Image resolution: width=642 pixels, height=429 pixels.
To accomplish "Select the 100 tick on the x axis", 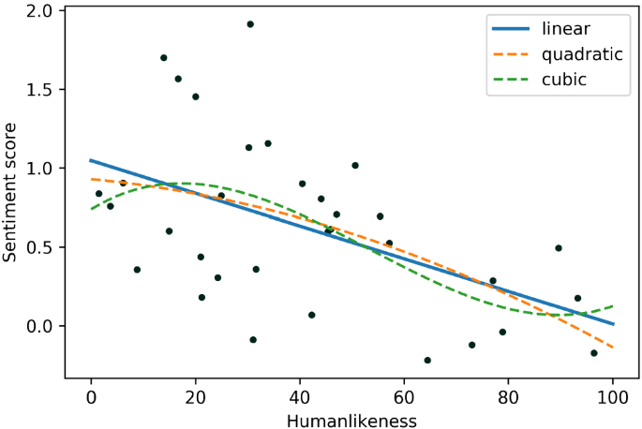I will (x=613, y=396).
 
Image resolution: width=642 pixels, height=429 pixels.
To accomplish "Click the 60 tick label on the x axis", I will (x=404, y=396).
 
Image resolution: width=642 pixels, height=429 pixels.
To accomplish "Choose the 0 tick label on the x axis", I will (x=91, y=396).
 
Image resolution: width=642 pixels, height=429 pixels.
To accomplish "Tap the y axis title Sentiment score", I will (x=12, y=193).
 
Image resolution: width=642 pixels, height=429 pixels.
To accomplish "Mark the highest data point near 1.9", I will (x=250, y=24).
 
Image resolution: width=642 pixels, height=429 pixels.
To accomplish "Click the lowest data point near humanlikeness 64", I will (x=427, y=360).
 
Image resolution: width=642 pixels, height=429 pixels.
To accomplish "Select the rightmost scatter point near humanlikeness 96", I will (x=594, y=353).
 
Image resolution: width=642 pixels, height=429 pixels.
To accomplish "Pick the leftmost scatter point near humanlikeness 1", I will (x=98, y=194).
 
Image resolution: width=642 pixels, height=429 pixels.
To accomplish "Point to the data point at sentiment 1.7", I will (x=164, y=58).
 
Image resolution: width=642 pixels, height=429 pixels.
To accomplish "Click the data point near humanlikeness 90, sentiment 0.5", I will (x=559, y=248).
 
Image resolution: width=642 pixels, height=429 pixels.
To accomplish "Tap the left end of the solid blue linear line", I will (x=91, y=160).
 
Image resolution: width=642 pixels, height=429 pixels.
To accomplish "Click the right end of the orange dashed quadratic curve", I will (x=613, y=348).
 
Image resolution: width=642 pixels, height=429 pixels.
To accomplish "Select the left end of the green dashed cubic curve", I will (x=91, y=209).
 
